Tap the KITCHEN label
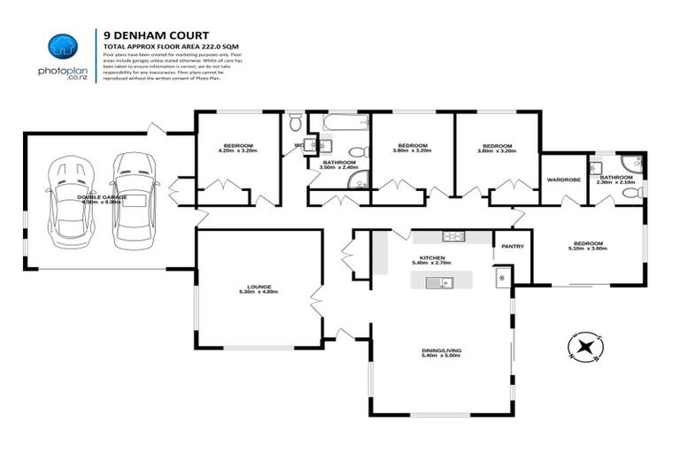(433, 257)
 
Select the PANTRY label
(513, 247)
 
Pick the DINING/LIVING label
(440, 351)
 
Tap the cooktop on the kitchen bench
(453, 235)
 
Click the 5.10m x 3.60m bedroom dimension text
(587, 248)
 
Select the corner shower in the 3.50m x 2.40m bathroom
(358, 180)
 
